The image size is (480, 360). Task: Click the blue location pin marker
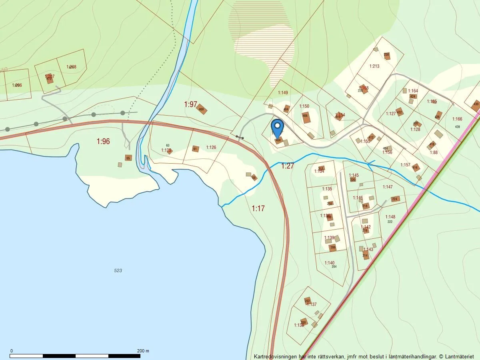point(277,127)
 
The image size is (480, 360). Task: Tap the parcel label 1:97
point(191,104)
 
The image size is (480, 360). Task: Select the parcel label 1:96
point(103,141)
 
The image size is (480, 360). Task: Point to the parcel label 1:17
point(258,208)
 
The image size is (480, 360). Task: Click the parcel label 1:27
point(288,166)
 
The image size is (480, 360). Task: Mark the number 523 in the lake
point(118,271)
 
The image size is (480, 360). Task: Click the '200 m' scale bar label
point(142,351)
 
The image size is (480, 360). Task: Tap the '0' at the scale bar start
point(11,351)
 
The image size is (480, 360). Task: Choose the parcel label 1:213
point(374,66)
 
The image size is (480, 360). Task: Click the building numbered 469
point(202,109)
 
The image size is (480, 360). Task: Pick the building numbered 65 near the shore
point(128,158)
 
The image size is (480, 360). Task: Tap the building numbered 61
point(195,149)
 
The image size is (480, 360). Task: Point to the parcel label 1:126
point(211,148)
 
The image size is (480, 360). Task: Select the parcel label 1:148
point(390,217)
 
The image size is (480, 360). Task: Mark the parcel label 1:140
point(329,263)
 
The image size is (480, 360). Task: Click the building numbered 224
point(395,199)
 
